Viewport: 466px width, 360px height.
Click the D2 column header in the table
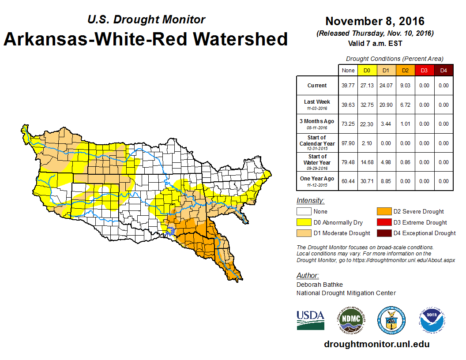(x=405, y=71)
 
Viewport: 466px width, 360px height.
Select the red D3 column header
(x=424, y=71)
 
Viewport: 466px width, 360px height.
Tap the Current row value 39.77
(x=348, y=86)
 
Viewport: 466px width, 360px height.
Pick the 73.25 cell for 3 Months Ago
(x=348, y=124)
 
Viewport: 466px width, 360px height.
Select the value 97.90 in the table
(x=348, y=143)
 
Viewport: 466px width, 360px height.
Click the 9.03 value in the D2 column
(x=405, y=86)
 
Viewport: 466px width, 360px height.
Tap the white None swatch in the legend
(x=304, y=212)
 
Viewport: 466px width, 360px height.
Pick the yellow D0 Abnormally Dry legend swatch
(x=304, y=222)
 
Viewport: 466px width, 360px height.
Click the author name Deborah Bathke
(x=319, y=285)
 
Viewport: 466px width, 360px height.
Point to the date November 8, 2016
(x=375, y=21)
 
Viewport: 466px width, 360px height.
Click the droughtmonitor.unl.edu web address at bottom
(x=376, y=344)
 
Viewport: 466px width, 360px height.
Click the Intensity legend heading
(x=310, y=201)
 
